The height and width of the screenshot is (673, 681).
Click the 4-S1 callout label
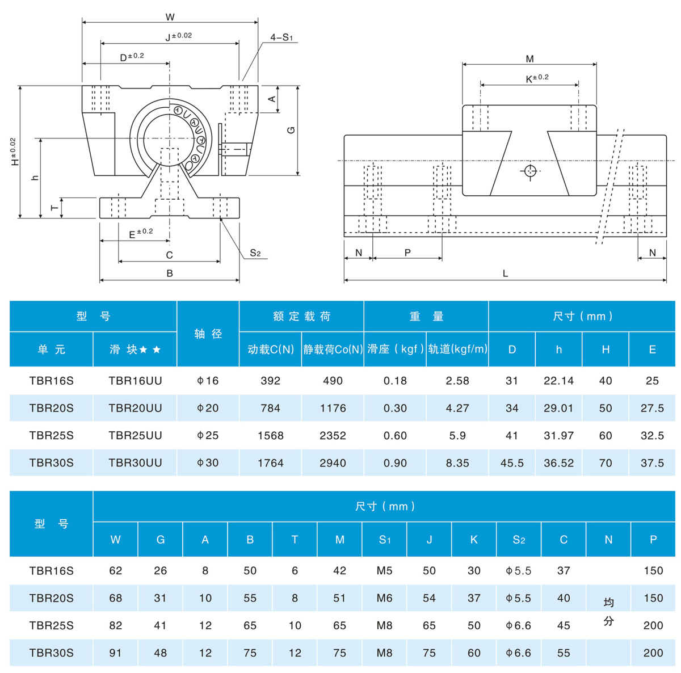click(281, 37)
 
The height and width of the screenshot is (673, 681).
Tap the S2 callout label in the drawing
click(255, 253)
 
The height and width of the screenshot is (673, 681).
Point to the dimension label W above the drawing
click(170, 17)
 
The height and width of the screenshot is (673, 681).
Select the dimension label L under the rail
click(505, 274)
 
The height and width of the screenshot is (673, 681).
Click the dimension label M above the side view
click(529, 59)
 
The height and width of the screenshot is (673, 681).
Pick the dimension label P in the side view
click(407, 253)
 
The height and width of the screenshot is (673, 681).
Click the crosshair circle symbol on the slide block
click(530, 171)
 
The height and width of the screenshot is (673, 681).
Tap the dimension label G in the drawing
click(291, 130)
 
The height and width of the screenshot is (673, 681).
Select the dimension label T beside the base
click(55, 208)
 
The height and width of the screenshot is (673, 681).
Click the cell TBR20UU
click(135, 408)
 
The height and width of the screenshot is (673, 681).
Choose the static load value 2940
click(333, 463)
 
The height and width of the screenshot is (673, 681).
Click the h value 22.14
click(558, 381)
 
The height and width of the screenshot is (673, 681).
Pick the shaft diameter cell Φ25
click(208, 435)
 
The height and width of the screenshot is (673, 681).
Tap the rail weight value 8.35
click(457, 463)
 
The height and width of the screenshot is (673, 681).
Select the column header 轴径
click(208, 334)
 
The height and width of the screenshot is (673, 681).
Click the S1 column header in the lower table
click(384, 540)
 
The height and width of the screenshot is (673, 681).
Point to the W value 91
click(115, 653)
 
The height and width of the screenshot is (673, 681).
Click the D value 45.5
click(512, 463)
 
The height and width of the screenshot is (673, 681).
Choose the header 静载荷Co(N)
click(333, 350)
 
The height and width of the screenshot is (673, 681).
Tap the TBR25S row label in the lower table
click(51, 625)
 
